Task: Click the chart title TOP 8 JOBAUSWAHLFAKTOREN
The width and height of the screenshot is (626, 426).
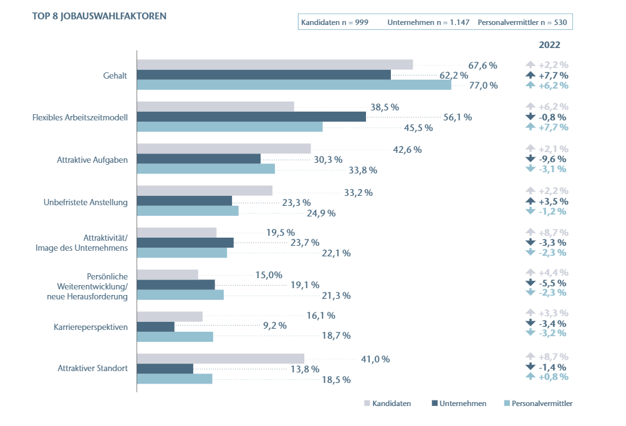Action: click(99, 16)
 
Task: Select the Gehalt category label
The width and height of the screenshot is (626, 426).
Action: click(115, 75)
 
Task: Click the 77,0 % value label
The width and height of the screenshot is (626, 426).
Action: click(483, 85)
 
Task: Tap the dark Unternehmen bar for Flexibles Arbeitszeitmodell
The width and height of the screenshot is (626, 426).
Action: click(251, 117)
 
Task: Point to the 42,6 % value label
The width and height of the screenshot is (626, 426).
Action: click(407, 149)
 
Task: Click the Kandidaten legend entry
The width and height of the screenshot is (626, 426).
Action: click(387, 404)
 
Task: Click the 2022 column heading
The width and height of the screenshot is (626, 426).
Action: click(549, 45)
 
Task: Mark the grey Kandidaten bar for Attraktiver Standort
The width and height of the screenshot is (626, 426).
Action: click(220, 359)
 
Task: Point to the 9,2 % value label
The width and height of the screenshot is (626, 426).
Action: click(274, 325)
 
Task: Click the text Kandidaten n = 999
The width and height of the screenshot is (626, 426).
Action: click(335, 22)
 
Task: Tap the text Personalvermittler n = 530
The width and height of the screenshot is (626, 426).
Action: click(522, 22)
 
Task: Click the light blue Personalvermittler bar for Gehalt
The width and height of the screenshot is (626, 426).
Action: click(294, 85)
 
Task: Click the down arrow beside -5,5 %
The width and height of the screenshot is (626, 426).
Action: click(531, 283)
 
